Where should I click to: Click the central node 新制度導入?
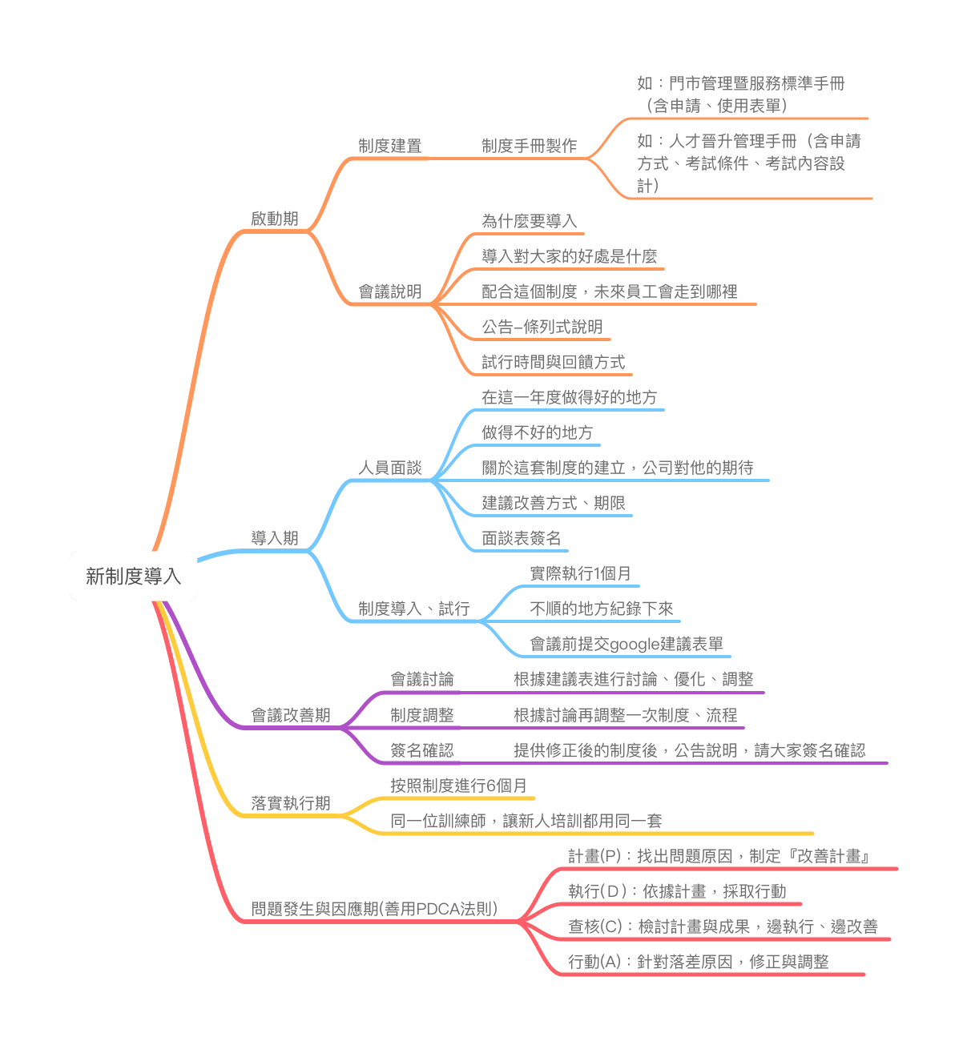click(x=133, y=576)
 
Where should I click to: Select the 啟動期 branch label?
click(x=275, y=218)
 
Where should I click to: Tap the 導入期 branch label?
click(x=275, y=537)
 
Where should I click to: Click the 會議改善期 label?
click(x=290, y=714)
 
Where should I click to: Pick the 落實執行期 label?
click(x=290, y=802)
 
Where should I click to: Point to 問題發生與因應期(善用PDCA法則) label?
click(x=374, y=907)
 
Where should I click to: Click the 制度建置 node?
click(x=389, y=145)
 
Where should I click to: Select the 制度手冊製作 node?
click(x=530, y=145)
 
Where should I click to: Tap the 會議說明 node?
click(x=389, y=291)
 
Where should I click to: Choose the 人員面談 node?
click(x=389, y=468)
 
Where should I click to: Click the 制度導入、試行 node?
click(x=413, y=609)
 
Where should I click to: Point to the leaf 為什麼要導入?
click(x=530, y=220)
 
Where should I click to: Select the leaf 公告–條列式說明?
click(x=542, y=326)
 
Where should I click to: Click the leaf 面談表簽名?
click(x=522, y=538)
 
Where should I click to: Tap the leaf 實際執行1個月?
click(x=580, y=573)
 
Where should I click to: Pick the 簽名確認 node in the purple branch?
click(x=422, y=750)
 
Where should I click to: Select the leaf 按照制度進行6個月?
click(x=458, y=785)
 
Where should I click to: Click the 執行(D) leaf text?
click(x=598, y=890)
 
